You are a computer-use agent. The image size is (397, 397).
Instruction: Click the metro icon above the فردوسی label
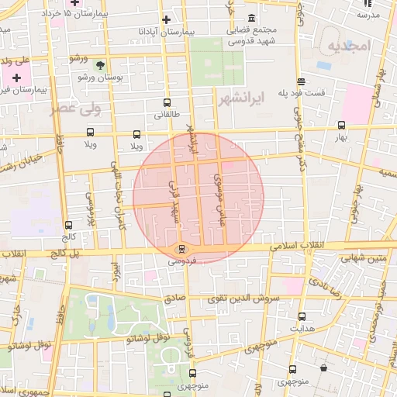[x=181, y=249]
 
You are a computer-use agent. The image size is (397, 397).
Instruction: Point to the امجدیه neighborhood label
[x=350, y=46]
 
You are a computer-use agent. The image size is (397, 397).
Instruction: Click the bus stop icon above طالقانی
[x=167, y=102]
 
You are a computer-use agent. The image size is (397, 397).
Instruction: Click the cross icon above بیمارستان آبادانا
[x=166, y=19]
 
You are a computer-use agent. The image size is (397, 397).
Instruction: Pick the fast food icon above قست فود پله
[x=301, y=81]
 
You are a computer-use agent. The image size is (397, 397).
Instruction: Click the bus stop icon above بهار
[x=341, y=125]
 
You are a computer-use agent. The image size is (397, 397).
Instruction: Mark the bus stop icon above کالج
[x=69, y=225]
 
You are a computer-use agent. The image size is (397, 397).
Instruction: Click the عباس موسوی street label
[x=217, y=199]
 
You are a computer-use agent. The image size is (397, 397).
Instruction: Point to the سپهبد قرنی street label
[x=175, y=198]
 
